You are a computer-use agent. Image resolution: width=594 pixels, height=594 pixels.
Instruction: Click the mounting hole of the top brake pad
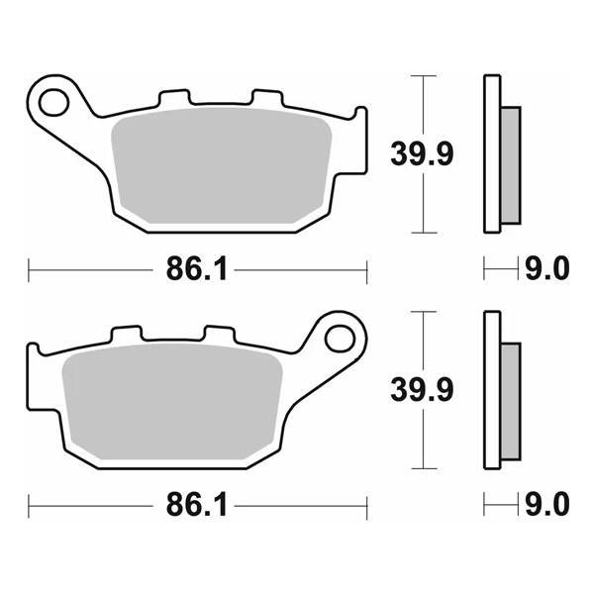(x=54, y=102)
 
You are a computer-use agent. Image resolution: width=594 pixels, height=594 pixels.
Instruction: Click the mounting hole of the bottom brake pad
(x=340, y=339)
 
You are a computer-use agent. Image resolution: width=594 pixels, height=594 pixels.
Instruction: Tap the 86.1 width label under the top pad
(x=197, y=268)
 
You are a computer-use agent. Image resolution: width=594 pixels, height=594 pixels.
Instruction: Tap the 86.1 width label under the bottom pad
(x=197, y=504)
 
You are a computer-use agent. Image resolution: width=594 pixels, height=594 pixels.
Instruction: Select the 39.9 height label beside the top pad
(x=422, y=153)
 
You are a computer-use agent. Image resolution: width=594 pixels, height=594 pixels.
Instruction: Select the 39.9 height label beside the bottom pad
(x=422, y=390)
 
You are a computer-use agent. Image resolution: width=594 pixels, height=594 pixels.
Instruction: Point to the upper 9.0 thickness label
(x=547, y=268)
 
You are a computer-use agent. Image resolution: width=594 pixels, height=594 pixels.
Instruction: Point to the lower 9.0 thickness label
(x=547, y=504)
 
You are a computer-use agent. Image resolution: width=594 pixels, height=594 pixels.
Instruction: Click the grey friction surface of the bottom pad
(x=172, y=402)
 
